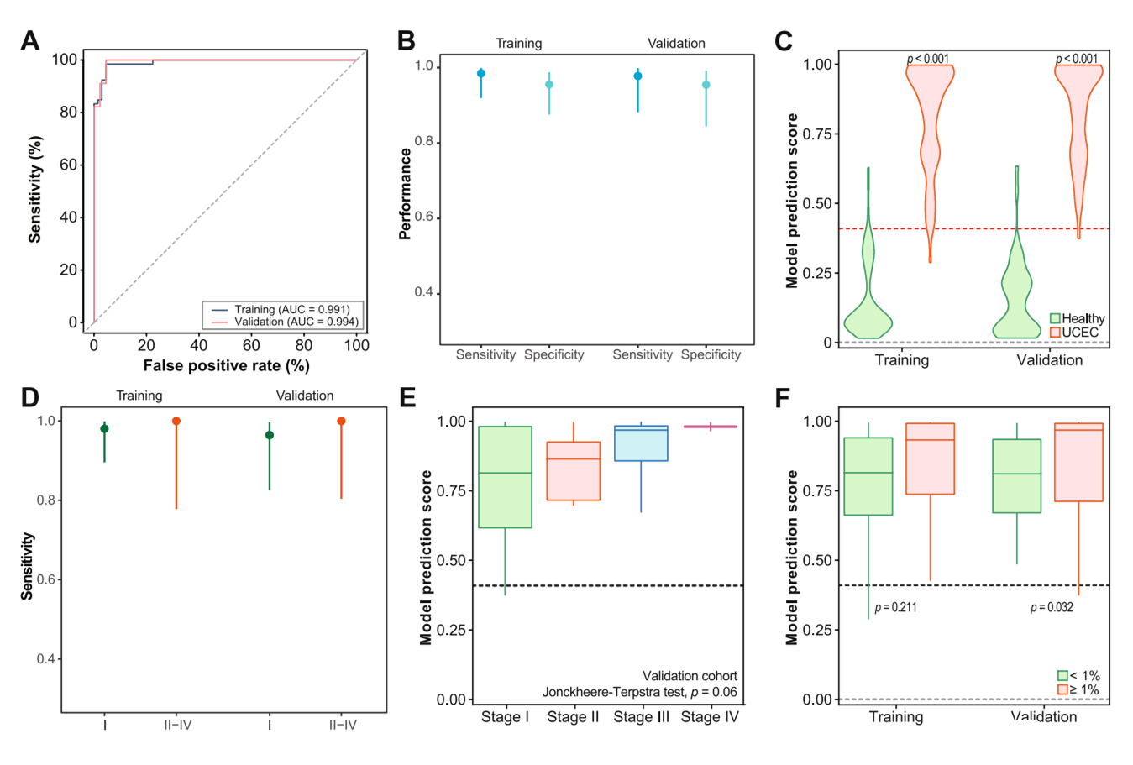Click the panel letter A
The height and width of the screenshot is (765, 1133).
(x=30, y=40)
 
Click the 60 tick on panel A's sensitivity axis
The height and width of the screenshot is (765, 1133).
(x=69, y=165)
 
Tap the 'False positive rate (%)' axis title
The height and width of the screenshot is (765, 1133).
(x=226, y=366)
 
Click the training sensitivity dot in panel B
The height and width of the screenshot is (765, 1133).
(x=481, y=74)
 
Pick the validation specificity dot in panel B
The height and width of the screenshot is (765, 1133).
(x=706, y=85)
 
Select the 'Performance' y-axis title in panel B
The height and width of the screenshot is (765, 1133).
(x=406, y=195)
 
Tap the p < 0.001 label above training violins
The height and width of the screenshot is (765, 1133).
(x=928, y=59)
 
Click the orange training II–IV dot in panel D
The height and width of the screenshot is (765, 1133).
(x=176, y=421)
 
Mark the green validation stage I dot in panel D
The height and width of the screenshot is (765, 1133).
(x=270, y=435)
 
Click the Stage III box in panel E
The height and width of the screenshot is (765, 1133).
(x=641, y=443)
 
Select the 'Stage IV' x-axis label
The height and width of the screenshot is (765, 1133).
(x=710, y=717)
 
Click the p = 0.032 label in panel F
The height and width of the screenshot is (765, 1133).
(x=1052, y=607)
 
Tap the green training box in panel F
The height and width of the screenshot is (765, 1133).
(x=868, y=476)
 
